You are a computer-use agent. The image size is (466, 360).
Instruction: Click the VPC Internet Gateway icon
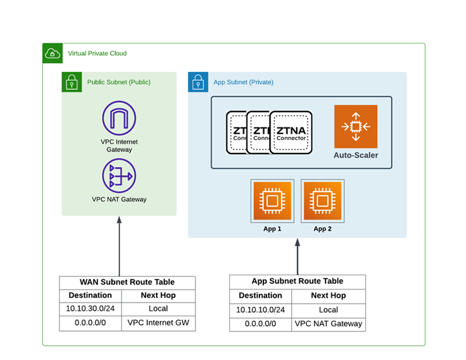coord(119,118)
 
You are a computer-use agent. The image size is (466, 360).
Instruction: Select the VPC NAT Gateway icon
coord(119,175)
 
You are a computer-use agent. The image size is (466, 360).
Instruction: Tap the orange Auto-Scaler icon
coord(355,127)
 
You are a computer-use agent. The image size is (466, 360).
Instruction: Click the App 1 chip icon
coord(272,201)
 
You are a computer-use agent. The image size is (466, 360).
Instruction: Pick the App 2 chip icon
coord(322,201)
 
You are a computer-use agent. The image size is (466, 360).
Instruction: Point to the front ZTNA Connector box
coord(291,132)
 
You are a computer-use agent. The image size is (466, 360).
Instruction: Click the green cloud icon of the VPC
coord(52,53)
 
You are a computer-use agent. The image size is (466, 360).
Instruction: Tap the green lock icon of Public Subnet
coord(71,82)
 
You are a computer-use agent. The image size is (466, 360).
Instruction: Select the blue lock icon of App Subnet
coord(198,82)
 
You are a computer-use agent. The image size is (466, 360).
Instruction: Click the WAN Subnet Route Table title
coord(127,282)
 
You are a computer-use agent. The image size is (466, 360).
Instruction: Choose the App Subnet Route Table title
coord(297,281)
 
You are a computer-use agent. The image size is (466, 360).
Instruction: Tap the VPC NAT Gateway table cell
coord(329,324)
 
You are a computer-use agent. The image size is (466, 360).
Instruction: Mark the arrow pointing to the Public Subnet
coord(119,246)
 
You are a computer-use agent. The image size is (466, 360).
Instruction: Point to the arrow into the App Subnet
coord(298,256)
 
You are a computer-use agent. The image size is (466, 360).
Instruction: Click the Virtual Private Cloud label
coord(97,53)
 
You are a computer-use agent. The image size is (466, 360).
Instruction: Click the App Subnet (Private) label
coord(243,82)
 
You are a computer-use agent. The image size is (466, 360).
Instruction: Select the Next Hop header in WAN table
coord(159,295)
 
